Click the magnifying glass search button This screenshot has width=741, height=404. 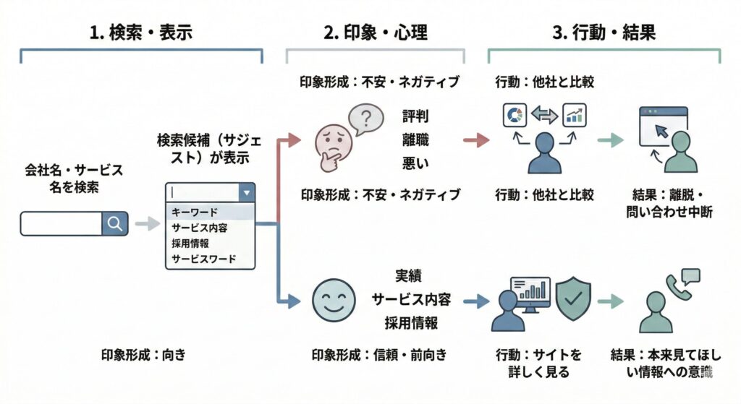coord(114,224)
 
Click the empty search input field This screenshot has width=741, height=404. coord(62,224)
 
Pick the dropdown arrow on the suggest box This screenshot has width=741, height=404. coord(246,193)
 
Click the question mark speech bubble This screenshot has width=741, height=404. coord(365,118)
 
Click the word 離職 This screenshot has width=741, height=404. coord(415,139)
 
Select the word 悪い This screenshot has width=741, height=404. coord(415,163)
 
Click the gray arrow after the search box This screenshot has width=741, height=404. coord(146,224)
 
